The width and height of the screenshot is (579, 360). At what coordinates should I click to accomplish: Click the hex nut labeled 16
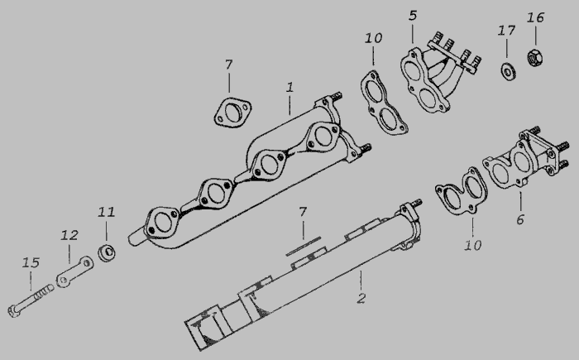tap(534, 58)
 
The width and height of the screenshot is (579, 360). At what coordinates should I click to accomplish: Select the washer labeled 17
tap(508, 71)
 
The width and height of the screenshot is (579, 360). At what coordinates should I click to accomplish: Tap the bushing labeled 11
tap(107, 252)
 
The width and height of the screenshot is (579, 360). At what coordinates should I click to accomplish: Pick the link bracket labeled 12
tap(74, 271)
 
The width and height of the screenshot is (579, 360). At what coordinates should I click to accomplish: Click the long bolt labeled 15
tap(31, 300)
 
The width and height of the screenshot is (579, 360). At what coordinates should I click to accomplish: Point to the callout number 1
tap(289, 88)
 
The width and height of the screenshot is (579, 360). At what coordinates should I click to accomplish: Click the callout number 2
tap(361, 298)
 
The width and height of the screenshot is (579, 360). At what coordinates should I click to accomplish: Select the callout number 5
tap(413, 16)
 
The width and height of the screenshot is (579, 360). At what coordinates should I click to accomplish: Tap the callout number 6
tap(520, 219)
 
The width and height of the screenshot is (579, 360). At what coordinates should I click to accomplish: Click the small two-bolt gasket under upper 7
tap(232, 113)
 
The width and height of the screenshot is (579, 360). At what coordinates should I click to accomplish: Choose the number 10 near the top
tap(373, 38)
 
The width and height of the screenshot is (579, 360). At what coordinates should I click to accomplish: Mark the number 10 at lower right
tap(472, 245)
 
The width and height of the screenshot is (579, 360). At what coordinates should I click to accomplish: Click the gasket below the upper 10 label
tap(384, 103)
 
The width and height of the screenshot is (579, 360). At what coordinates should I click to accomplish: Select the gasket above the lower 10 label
tap(462, 191)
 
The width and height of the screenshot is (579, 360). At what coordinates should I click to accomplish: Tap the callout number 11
tap(107, 212)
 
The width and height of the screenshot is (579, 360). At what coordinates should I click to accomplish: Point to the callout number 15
tap(31, 263)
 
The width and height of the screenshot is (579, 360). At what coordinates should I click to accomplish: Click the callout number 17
tap(506, 31)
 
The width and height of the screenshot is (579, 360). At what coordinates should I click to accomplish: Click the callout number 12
tap(69, 235)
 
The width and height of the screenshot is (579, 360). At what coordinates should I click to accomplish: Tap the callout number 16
tap(535, 17)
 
